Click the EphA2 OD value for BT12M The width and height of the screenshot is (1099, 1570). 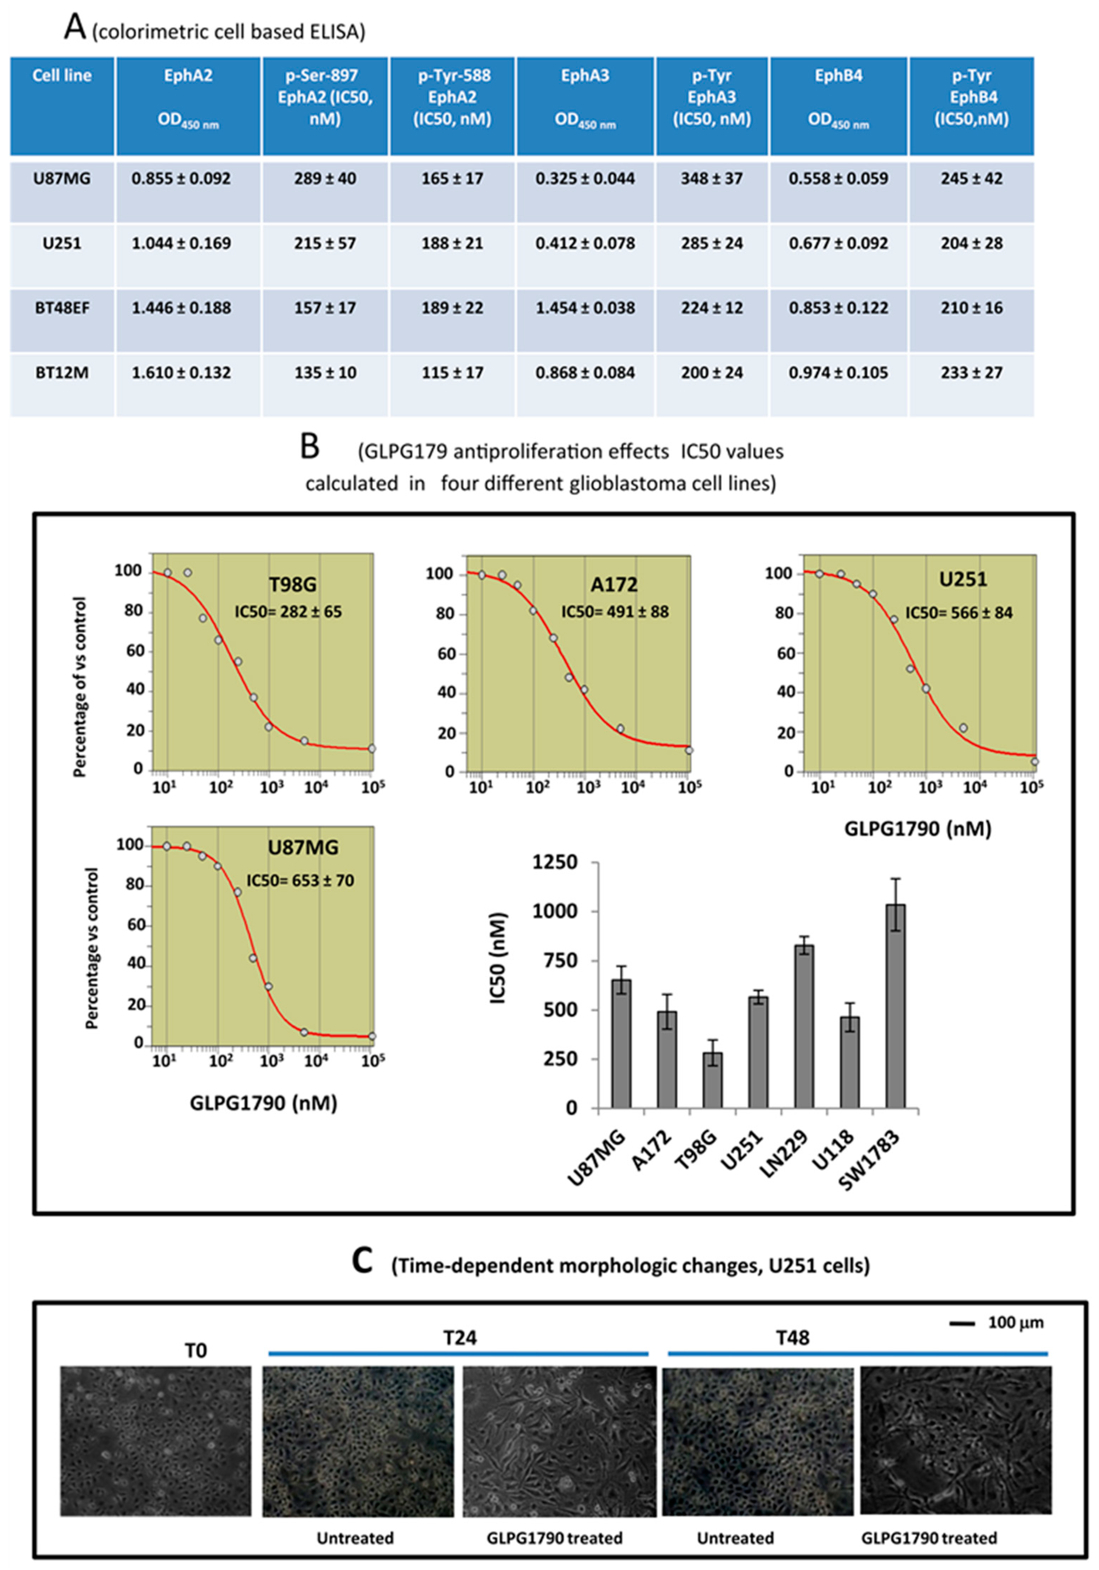(x=181, y=373)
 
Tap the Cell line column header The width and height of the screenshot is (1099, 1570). (x=62, y=75)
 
